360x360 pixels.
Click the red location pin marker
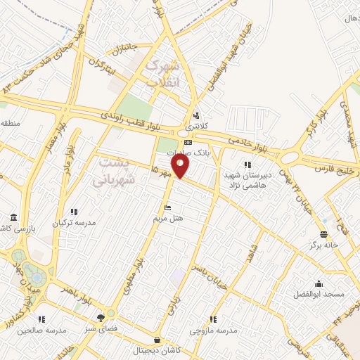(x=181, y=166)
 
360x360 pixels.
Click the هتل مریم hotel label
(x=168, y=219)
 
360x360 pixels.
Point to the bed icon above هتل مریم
(x=167, y=207)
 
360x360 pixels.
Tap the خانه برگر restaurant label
(x=322, y=245)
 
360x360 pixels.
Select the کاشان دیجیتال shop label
(x=163, y=349)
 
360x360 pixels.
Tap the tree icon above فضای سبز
(x=110, y=315)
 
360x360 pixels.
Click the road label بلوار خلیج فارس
(x=332, y=166)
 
